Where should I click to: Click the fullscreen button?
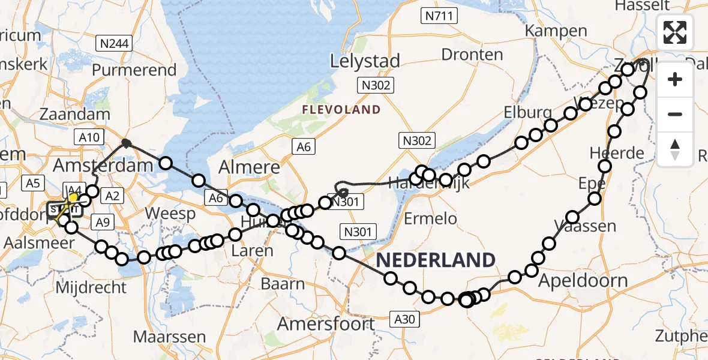pyautogui.click(x=675, y=32)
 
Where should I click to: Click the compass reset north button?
pyautogui.click(x=675, y=149)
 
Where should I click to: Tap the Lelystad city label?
pyautogui.click(x=365, y=61)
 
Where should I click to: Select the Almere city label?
pyautogui.click(x=250, y=167)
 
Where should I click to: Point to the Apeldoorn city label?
pyautogui.click(x=583, y=280)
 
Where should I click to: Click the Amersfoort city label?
pyautogui.click(x=326, y=324)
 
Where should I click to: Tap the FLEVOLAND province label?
pyautogui.click(x=341, y=109)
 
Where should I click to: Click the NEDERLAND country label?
pyautogui.click(x=436, y=260)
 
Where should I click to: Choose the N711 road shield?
pyautogui.click(x=439, y=16)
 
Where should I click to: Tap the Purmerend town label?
pyautogui.click(x=134, y=70)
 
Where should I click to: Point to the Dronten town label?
pyautogui.click(x=472, y=55)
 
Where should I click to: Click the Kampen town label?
pyautogui.click(x=556, y=30)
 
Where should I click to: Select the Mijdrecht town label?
pyautogui.click(x=91, y=287)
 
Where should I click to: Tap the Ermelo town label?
pyautogui.click(x=430, y=218)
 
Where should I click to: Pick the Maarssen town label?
pyautogui.click(x=170, y=336)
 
